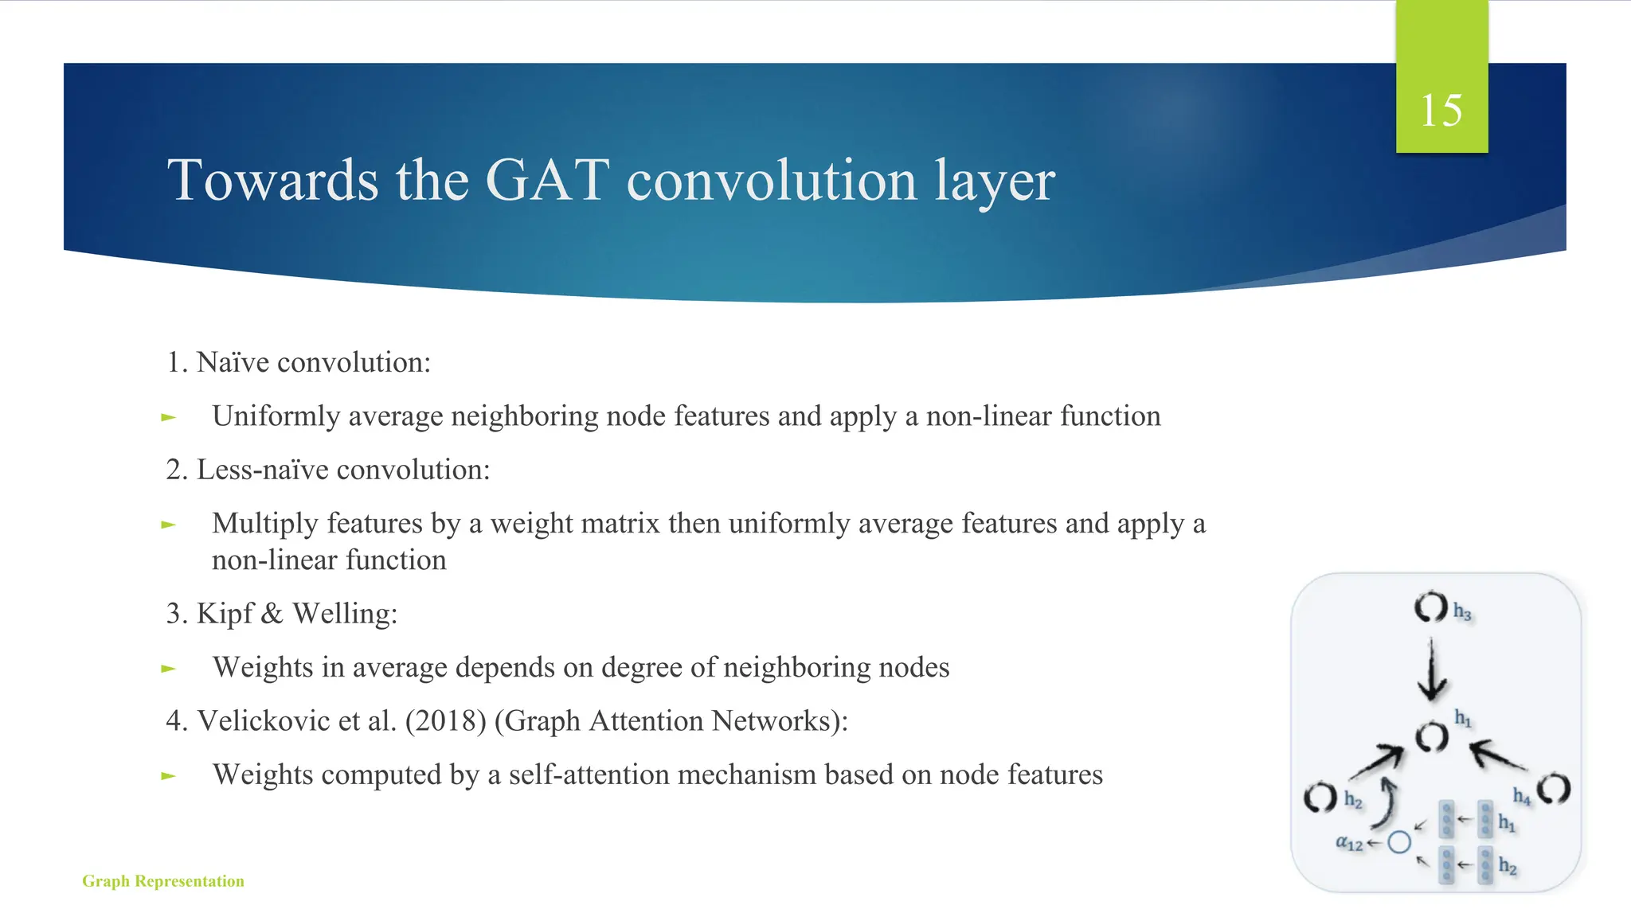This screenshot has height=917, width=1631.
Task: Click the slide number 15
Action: pyautogui.click(x=1441, y=110)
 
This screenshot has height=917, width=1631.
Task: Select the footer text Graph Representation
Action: pyautogui.click(x=163, y=881)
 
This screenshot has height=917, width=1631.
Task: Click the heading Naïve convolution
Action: pyautogui.click(x=313, y=363)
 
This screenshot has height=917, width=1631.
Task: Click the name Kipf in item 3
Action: pyautogui.click(x=225, y=614)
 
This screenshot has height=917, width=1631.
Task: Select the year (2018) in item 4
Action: pyautogui.click(x=445, y=721)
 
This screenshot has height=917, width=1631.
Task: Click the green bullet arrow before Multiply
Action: pyautogui.click(x=168, y=525)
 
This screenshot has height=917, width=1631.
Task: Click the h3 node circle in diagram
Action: pyautogui.click(x=1430, y=607)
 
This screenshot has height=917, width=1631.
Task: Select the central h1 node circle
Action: pyautogui.click(x=1431, y=738)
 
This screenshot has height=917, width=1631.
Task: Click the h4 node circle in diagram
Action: pyautogui.click(x=1553, y=789)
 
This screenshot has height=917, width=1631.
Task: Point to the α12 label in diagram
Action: pyautogui.click(x=1349, y=843)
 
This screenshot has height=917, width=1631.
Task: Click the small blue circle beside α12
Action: pyautogui.click(x=1398, y=842)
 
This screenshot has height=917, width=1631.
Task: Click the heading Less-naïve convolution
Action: pyautogui.click(x=342, y=470)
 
